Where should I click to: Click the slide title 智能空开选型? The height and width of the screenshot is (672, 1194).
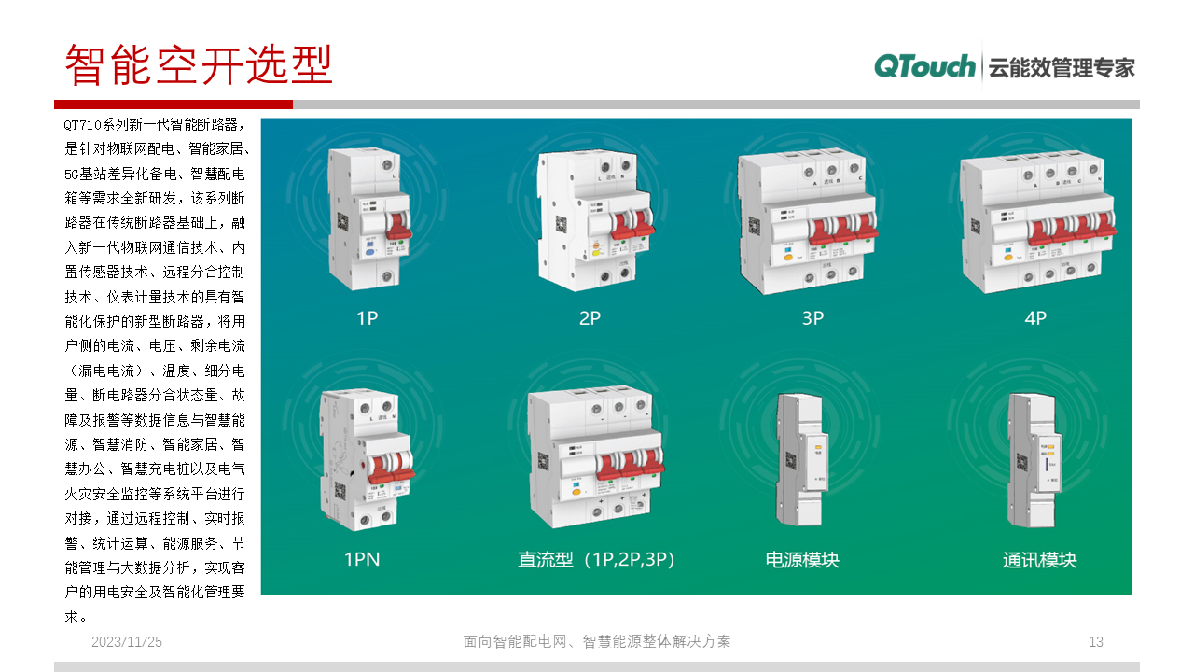(x=199, y=64)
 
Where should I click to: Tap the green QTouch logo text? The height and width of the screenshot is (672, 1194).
(x=924, y=66)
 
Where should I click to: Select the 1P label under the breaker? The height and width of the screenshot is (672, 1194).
(x=368, y=318)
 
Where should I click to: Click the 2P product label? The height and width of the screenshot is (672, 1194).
(x=590, y=318)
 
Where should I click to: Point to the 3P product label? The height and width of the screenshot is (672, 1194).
(x=812, y=318)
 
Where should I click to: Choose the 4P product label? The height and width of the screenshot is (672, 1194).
(x=1035, y=318)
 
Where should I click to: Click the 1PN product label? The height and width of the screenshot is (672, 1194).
(x=362, y=560)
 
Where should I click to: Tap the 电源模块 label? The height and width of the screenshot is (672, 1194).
(x=802, y=560)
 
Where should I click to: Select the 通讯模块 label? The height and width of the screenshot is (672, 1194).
(x=1039, y=560)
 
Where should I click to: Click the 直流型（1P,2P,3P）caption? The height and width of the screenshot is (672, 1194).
(x=596, y=560)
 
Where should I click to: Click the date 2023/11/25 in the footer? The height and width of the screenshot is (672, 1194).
(x=127, y=642)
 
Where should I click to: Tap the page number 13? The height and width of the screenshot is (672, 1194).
(x=1096, y=642)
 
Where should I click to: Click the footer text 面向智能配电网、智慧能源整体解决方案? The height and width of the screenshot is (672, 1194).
(x=597, y=642)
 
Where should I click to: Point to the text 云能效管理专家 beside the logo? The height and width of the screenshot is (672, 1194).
(x=1062, y=67)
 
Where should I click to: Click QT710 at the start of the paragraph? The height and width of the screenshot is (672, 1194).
(x=83, y=124)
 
